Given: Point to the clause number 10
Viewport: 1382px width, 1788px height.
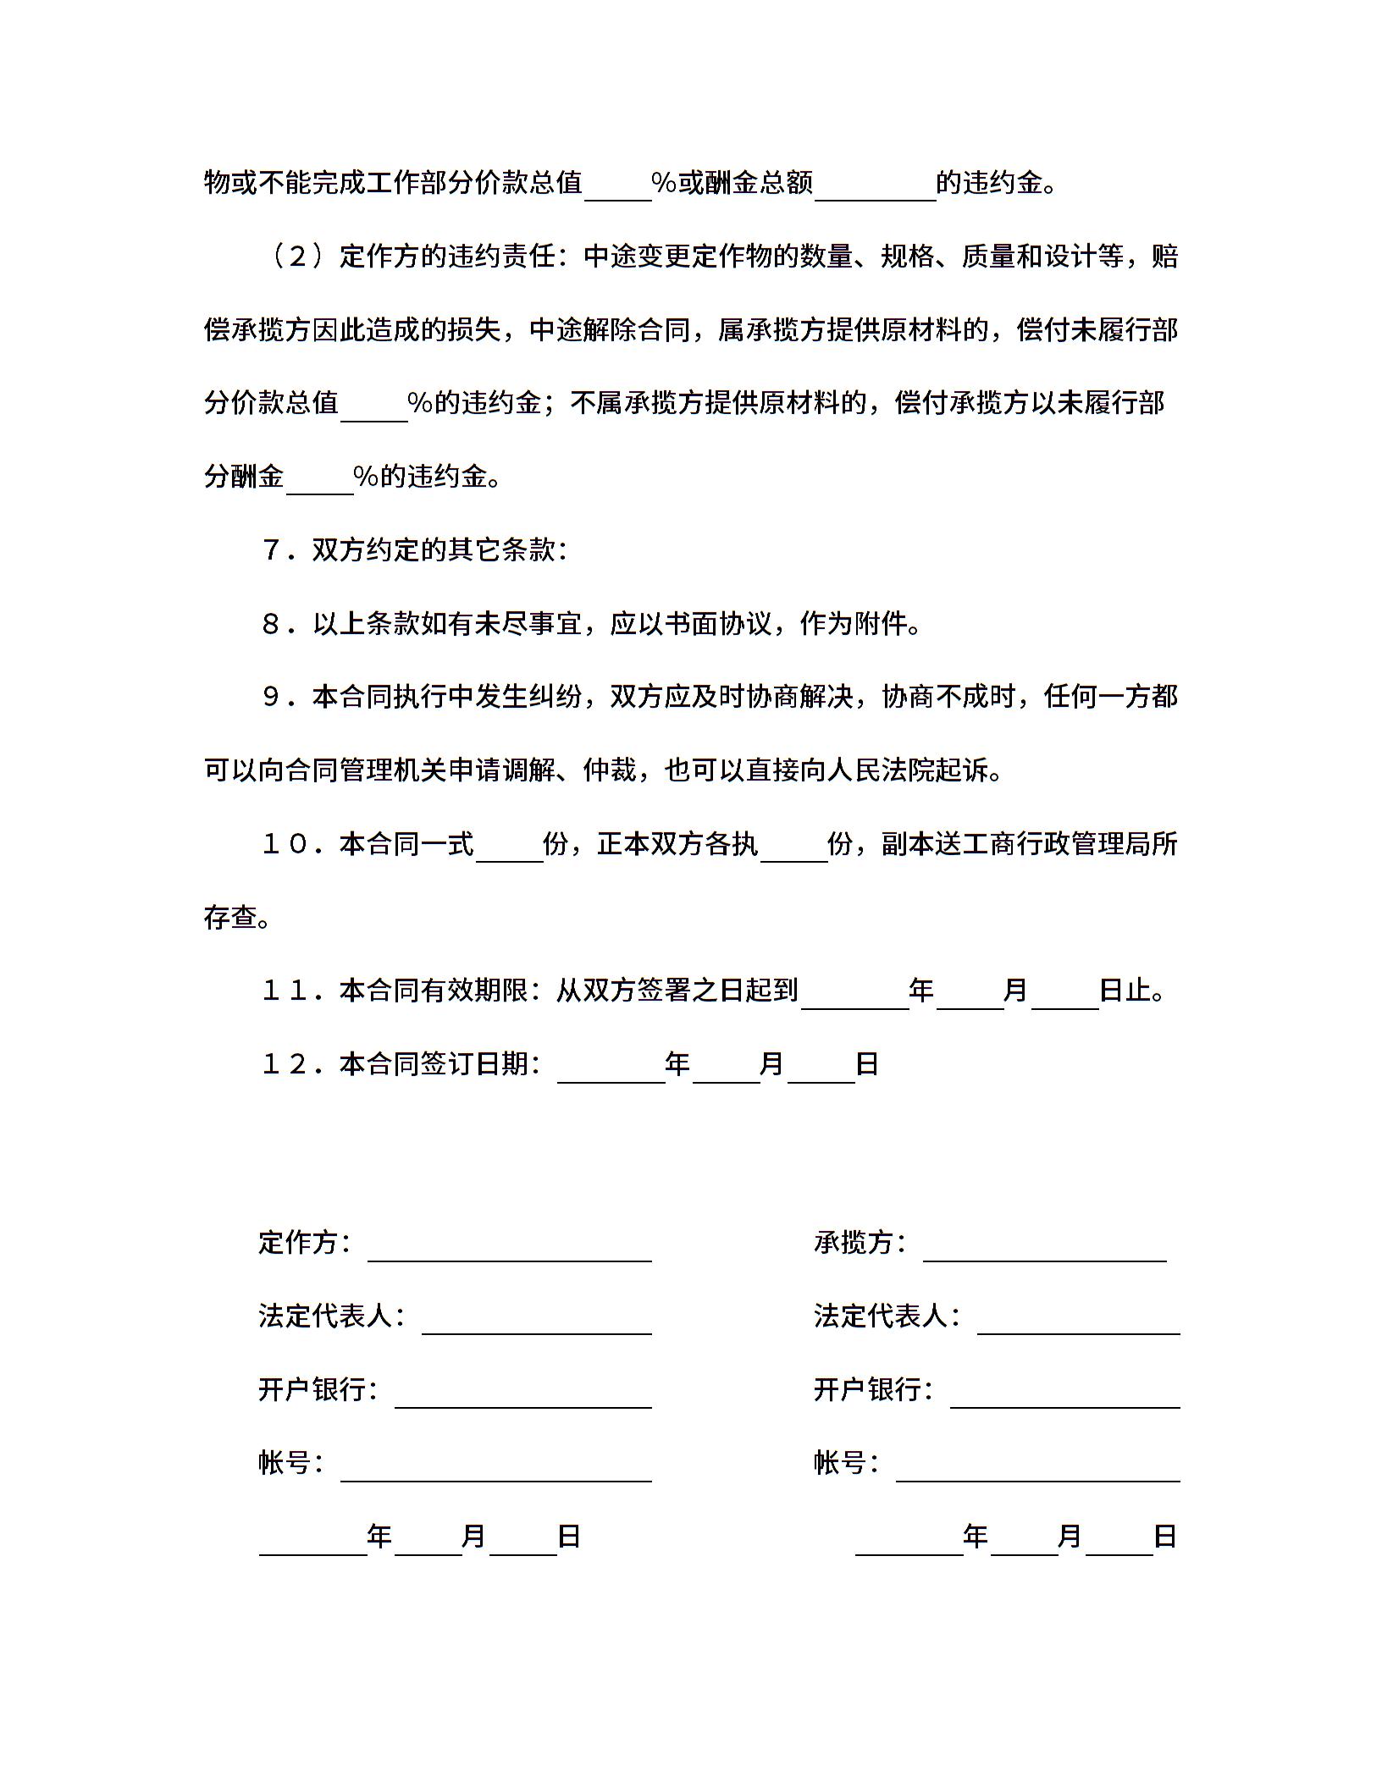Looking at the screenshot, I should tap(285, 844).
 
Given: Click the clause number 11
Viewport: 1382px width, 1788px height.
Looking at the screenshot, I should tap(285, 991).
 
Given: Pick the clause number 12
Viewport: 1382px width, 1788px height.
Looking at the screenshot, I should tap(285, 1064).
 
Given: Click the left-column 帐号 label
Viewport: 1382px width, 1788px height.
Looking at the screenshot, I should tap(285, 1463).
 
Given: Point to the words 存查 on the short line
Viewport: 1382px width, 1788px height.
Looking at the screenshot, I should tap(230, 918).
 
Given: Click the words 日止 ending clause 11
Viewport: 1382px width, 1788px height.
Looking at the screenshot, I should tap(1125, 991).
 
